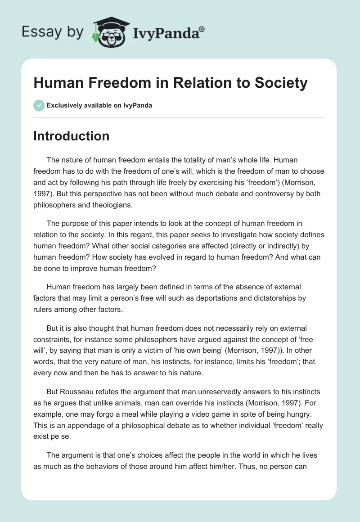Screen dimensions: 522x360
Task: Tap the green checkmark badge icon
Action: [39, 105]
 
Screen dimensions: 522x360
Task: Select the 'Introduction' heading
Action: [71, 136]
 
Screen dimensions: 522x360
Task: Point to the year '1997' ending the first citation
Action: [44, 193]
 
